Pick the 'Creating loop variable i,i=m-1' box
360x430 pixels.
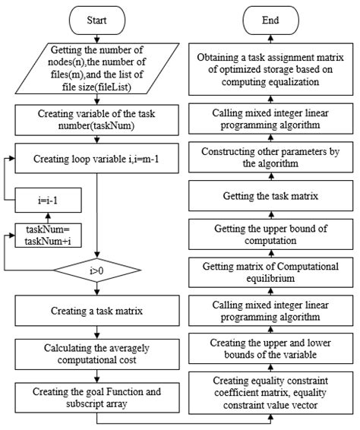tap(98, 160)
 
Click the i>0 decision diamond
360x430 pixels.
tap(98, 269)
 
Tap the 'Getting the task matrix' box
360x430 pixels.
tap(272, 195)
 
